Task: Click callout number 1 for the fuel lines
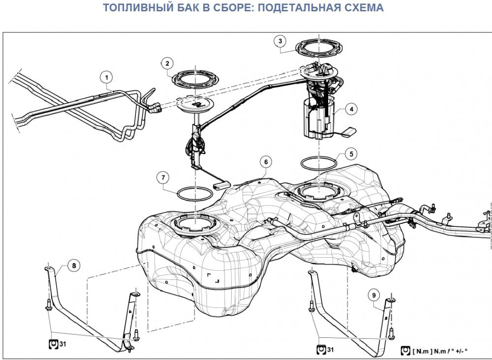(107, 77)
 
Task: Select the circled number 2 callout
(167, 63)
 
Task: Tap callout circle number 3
(280, 41)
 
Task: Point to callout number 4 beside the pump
(351, 109)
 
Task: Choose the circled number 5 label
(351, 154)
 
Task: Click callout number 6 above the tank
(266, 162)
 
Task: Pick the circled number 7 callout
(163, 178)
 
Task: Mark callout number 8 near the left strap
(74, 266)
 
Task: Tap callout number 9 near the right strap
(374, 295)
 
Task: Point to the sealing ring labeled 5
(318, 170)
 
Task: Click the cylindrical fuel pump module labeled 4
(318, 119)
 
